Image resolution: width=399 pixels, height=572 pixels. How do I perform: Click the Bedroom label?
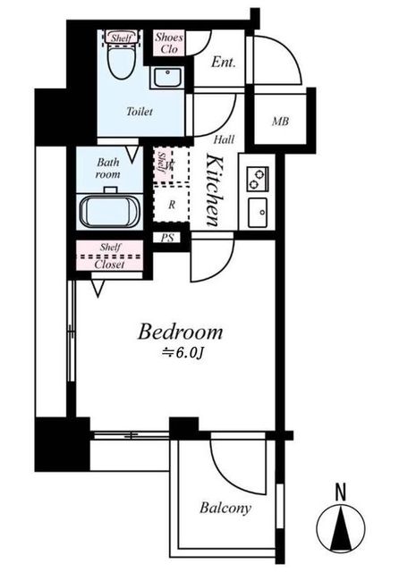pos(180,332)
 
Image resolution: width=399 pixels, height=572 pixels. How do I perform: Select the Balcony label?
pos(225,508)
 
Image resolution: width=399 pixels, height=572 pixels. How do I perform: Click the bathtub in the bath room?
pos(109,212)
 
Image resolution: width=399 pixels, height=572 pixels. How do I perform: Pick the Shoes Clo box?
pos(169,43)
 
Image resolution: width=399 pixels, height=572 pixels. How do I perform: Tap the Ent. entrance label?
pos(223,62)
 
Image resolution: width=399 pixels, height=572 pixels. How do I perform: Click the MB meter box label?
pos(280,122)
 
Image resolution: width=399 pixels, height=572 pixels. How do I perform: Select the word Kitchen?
pos(214,190)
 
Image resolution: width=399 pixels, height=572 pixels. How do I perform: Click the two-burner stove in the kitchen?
pos(258,179)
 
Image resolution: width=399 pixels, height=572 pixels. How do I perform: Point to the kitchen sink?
pos(258,212)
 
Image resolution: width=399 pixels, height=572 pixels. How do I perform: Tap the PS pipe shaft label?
pos(167,238)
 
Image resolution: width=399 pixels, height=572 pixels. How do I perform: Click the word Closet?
pos(109,265)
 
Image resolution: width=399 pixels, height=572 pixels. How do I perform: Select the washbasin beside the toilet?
pos(166,78)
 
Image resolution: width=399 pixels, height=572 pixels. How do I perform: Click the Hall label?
pos(224,139)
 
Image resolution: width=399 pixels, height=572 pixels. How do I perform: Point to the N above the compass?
pos(340,492)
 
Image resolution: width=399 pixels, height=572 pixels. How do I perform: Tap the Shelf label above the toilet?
pos(121,38)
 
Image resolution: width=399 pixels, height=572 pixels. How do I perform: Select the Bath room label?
pos(108,168)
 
